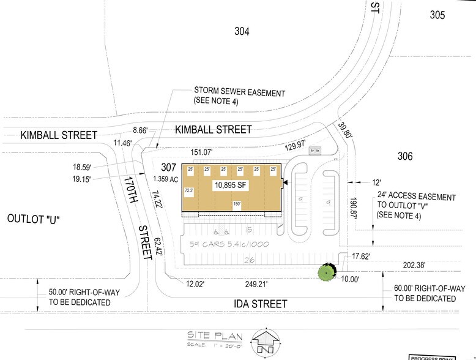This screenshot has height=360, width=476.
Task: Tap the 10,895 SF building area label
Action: coord(230,184)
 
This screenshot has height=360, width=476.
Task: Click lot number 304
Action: coord(243,31)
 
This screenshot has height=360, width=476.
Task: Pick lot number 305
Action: coord(437,15)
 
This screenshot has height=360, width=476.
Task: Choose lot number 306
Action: coord(404,157)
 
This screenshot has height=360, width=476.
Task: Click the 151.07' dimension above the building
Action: coord(205,152)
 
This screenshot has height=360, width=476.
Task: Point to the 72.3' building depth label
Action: coord(189,190)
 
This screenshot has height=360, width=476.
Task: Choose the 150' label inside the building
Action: coord(236,204)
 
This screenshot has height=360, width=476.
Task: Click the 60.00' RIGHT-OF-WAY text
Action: coord(425,293)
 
